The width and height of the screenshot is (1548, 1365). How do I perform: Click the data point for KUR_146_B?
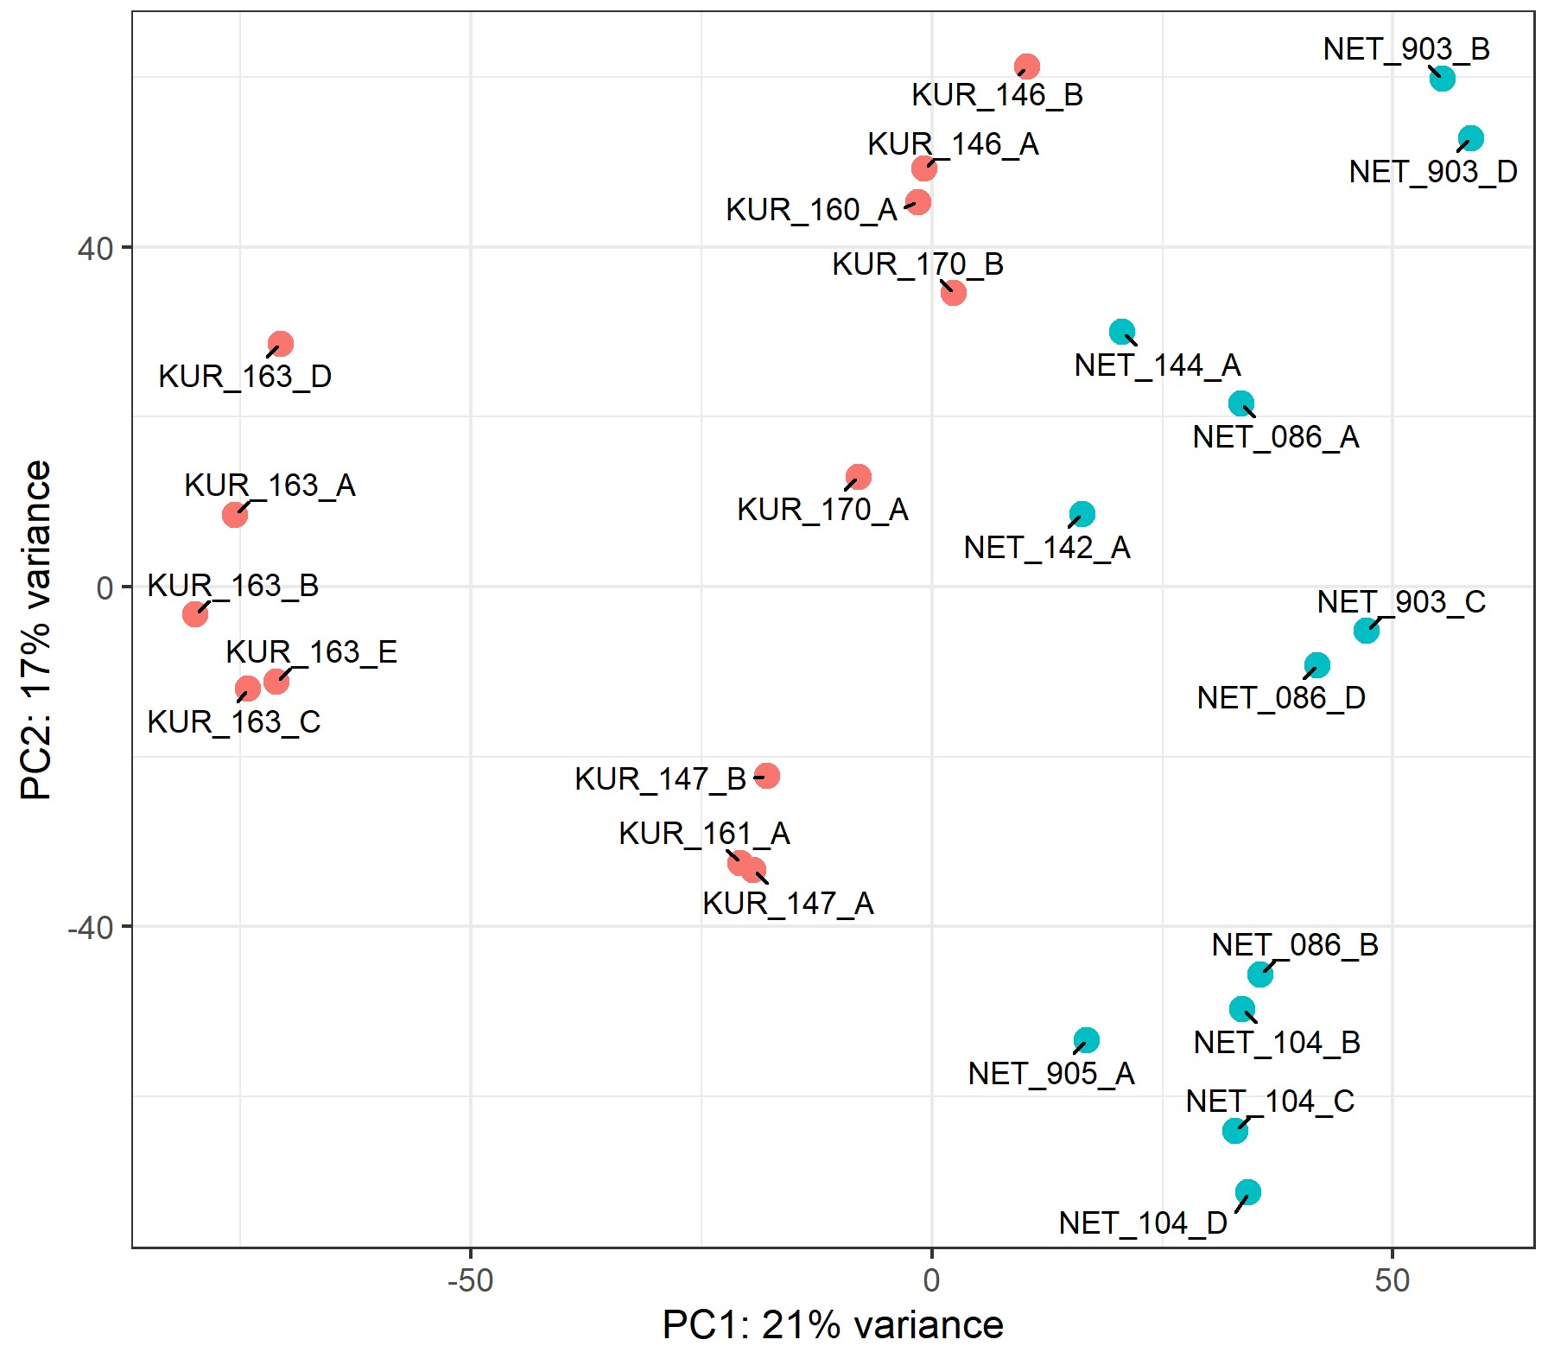[x=1026, y=67]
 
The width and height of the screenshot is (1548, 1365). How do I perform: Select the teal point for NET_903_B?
[x=1442, y=79]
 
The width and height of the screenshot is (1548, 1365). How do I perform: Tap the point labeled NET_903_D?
[x=1470, y=138]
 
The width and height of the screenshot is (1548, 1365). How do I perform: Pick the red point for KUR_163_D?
[x=280, y=344]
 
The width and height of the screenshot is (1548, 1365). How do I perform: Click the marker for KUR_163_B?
[x=195, y=614]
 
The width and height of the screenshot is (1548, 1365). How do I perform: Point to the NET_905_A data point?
[x=1086, y=1040]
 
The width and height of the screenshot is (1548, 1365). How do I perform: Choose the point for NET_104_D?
[x=1247, y=1192]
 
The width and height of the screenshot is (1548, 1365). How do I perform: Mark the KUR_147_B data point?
[x=766, y=776]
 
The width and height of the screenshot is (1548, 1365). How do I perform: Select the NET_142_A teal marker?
[x=1082, y=515]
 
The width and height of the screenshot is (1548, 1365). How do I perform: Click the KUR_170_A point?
[x=858, y=477]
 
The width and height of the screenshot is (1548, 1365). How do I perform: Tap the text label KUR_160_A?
[x=811, y=210]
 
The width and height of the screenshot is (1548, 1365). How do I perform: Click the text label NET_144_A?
[x=1158, y=365]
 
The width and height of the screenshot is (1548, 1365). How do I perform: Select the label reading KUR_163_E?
[x=312, y=651]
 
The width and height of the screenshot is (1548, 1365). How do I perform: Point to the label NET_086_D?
[x=1281, y=697]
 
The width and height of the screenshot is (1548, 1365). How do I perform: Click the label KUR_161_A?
[x=705, y=834]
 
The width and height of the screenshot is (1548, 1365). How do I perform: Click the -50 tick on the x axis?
[x=471, y=1279]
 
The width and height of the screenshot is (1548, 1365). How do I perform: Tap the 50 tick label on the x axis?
[x=1393, y=1279]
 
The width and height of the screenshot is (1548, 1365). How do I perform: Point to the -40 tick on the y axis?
[x=92, y=928]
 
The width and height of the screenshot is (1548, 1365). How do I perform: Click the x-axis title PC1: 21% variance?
[x=833, y=1324]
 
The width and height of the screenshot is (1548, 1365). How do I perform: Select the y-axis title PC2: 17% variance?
[x=37, y=630]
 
